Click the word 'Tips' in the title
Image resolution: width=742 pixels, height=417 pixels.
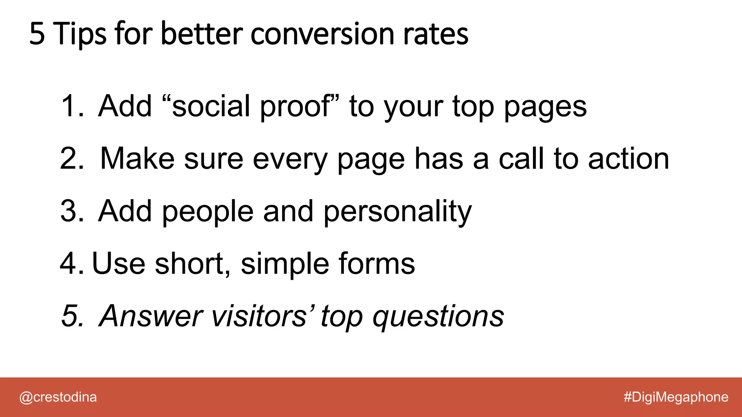pyautogui.click(x=80, y=34)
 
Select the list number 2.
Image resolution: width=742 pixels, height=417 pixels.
pyautogui.click(x=71, y=158)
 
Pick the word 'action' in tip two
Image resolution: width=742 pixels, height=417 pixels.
pyautogui.click(x=629, y=158)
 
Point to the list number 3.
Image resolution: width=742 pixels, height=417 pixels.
pyautogui.click(x=71, y=211)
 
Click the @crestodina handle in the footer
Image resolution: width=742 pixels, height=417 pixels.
pyautogui.click(x=58, y=397)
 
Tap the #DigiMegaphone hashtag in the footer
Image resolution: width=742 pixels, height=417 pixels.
pyautogui.click(x=676, y=397)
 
